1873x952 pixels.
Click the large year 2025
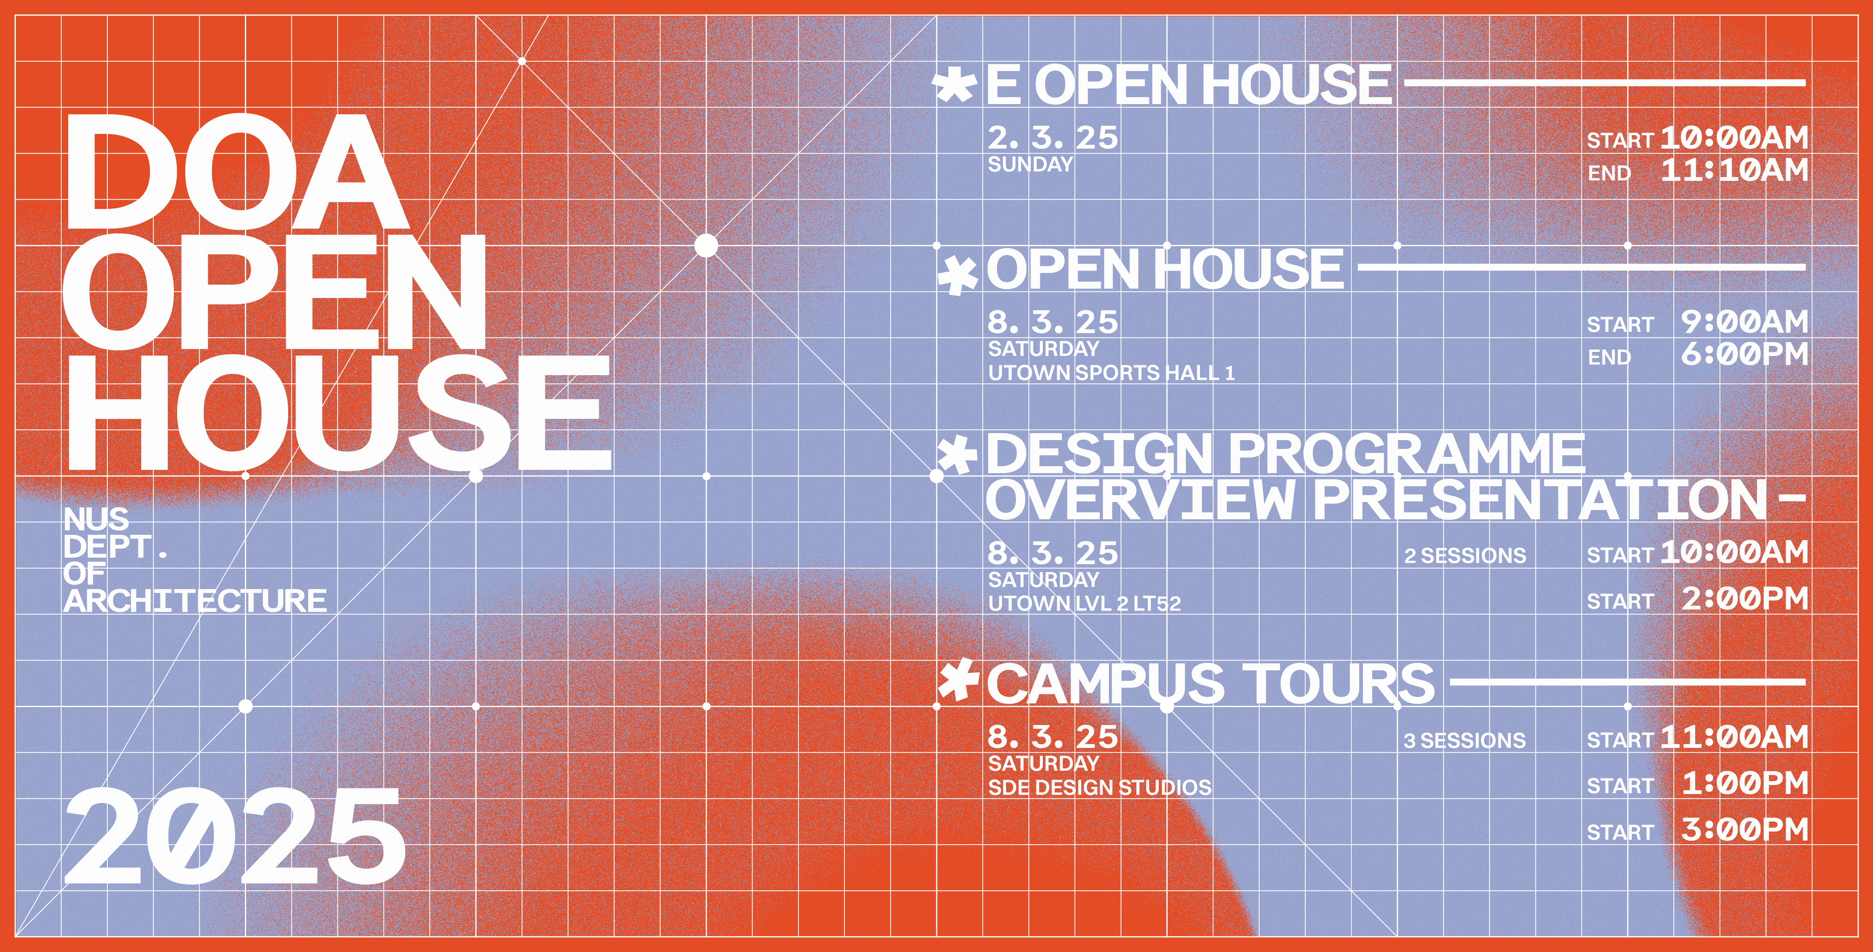235,837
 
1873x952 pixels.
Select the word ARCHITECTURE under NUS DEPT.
195,601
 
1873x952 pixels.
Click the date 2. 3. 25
1052,138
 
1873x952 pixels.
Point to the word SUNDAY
1030,165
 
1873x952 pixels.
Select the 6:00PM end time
1744,354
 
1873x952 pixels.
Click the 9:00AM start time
1744,321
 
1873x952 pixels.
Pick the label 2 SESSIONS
1465,556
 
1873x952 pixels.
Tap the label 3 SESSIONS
1464,741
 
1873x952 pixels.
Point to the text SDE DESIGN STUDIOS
1100,787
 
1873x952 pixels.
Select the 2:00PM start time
1744,598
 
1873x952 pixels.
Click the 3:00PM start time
1744,829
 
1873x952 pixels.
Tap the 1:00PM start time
1744,783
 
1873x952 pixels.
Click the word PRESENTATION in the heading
1540,500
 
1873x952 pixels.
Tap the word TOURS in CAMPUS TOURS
1340,684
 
